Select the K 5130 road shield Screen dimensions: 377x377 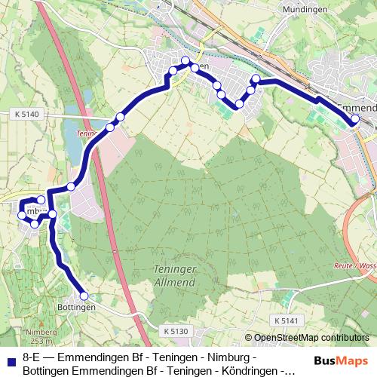point(174,330)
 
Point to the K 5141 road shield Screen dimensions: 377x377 point(287,320)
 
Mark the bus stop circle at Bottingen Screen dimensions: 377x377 point(84,296)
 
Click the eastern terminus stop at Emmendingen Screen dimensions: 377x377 point(355,119)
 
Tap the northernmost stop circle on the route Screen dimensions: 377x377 point(185,61)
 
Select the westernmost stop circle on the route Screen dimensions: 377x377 point(22,216)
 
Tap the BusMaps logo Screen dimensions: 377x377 point(340,361)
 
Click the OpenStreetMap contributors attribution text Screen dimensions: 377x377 point(309,339)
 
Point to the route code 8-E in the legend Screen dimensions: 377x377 point(32,357)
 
